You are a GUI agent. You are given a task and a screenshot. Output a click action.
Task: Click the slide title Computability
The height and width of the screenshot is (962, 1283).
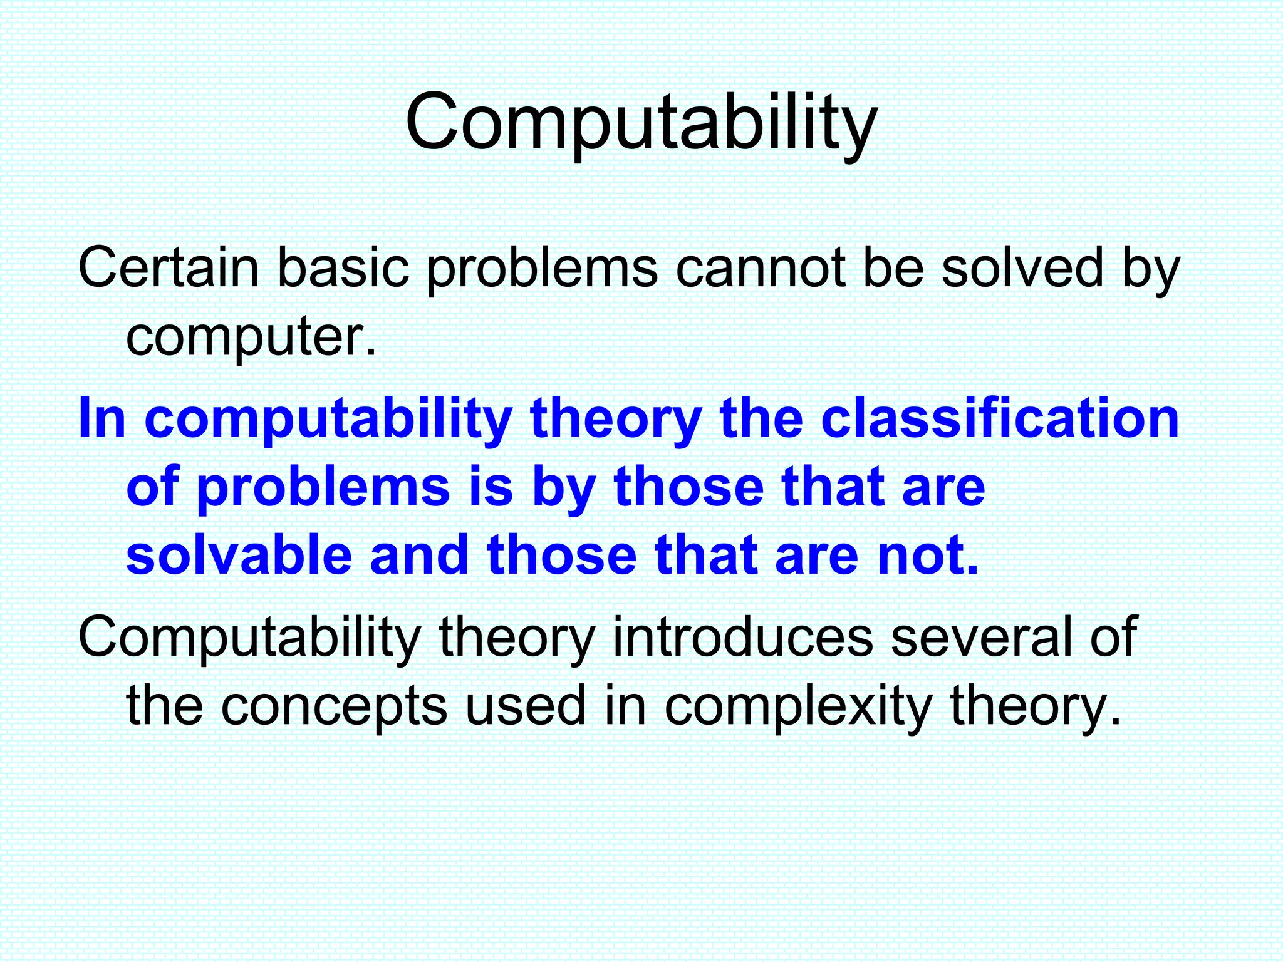[641, 122]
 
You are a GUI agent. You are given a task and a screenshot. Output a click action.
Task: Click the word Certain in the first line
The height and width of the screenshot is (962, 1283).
[169, 268]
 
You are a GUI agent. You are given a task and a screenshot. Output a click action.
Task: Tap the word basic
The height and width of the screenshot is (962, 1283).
[343, 268]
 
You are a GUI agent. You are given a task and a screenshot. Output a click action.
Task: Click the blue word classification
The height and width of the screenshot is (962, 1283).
[1000, 418]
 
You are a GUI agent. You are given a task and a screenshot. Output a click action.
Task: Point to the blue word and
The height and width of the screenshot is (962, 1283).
[419, 556]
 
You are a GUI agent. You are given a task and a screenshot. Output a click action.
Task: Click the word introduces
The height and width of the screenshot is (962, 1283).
[742, 637]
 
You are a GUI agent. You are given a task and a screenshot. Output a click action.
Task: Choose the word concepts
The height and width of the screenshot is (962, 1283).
[334, 706]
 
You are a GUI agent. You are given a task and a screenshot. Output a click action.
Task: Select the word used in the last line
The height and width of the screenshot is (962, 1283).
[525, 706]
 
